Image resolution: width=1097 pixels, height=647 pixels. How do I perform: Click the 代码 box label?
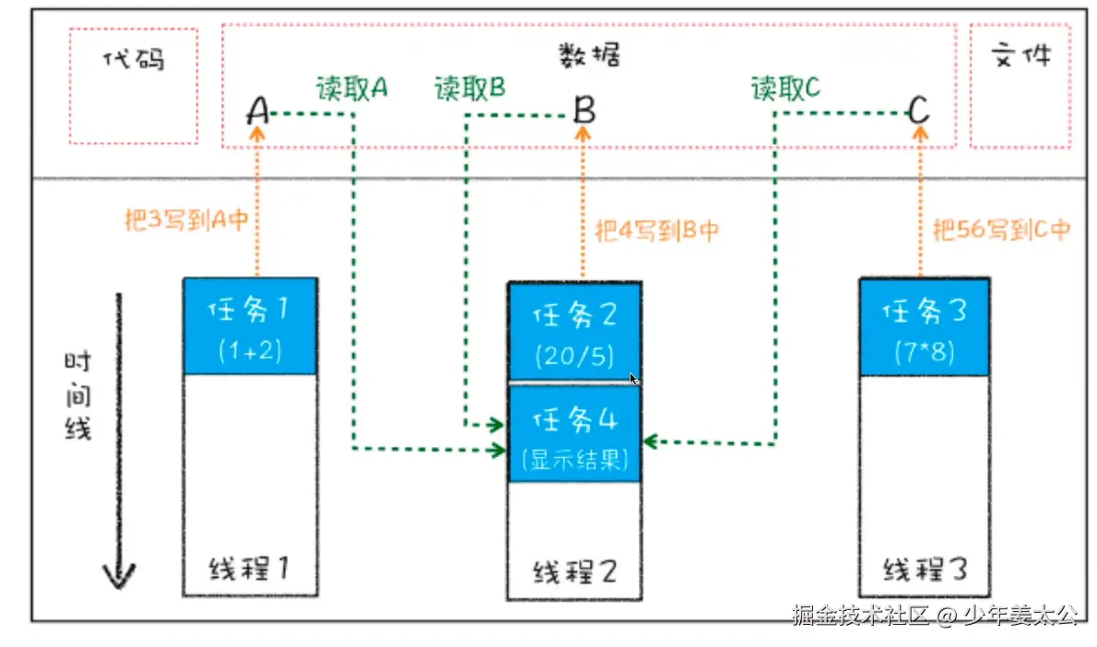tap(134, 59)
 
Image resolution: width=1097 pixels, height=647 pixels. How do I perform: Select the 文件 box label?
tap(1020, 56)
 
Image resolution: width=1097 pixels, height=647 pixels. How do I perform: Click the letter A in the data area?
tap(258, 112)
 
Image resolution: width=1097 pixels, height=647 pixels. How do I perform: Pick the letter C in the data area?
tap(918, 112)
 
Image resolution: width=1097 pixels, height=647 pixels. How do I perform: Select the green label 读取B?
tap(469, 88)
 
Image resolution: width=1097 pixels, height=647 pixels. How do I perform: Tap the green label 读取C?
tap(785, 88)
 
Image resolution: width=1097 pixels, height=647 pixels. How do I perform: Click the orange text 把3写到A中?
tap(186, 220)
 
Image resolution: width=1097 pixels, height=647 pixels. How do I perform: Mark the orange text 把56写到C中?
tap(1001, 229)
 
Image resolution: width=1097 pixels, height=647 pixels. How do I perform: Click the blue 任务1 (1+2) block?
tap(251, 326)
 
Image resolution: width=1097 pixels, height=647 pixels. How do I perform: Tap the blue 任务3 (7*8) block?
tap(924, 327)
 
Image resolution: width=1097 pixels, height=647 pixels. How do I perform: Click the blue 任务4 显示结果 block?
tap(574, 434)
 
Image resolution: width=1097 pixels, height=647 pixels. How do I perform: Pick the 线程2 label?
tap(573, 572)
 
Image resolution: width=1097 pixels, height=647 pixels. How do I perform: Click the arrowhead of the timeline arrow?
tap(119, 578)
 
